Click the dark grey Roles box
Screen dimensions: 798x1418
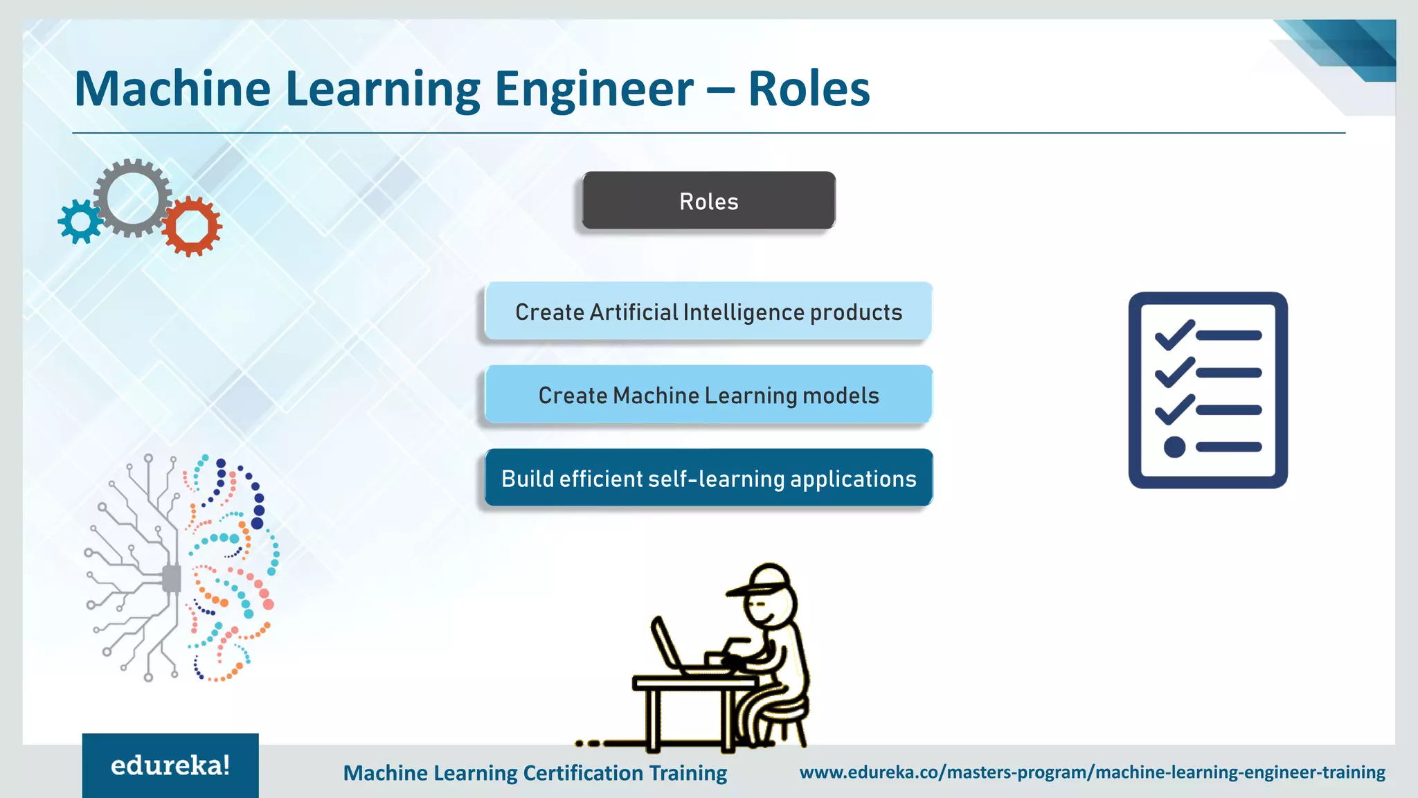tap(708, 201)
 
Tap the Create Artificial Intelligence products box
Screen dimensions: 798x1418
tap(708, 312)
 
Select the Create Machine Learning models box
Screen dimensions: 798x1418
tap(708, 395)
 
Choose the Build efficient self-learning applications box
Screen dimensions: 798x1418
tap(708, 478)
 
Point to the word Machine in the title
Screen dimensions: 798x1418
tap(172, 89)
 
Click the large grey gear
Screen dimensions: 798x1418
tap(132, 198)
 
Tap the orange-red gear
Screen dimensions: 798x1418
tap(192, 227)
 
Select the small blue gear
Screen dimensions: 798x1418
tap(80, 222)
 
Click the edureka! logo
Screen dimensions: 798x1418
tap(170, 765)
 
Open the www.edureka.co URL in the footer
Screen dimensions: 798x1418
tap(1092, 772)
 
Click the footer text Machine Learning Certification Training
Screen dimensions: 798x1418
tap(535, 772)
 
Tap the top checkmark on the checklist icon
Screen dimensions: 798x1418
tap(1174, 334)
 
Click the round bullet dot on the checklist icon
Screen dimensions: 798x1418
tap(1174, 447)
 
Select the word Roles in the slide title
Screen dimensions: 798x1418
tap(808, 89)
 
